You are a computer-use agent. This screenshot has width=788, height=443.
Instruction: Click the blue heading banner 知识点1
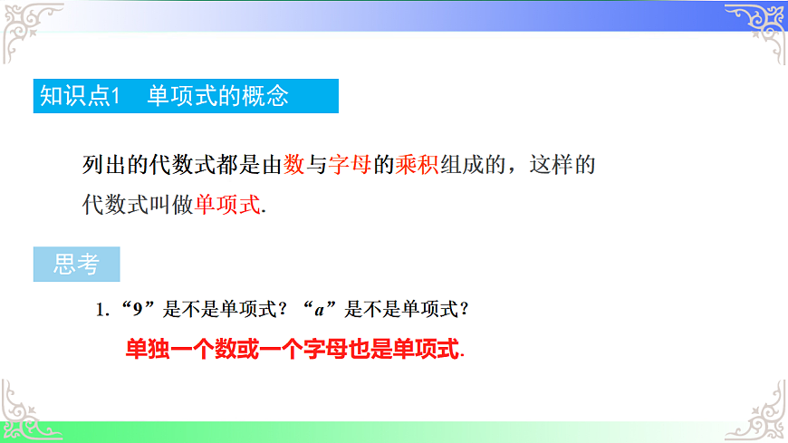(185, 96)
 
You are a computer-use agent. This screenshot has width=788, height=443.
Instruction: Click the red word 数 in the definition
(293, 165)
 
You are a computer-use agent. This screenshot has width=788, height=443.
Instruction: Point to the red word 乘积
(418, 165)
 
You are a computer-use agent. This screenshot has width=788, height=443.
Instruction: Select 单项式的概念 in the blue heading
(218, 96)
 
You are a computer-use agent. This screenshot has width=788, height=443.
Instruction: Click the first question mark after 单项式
(282, 310)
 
